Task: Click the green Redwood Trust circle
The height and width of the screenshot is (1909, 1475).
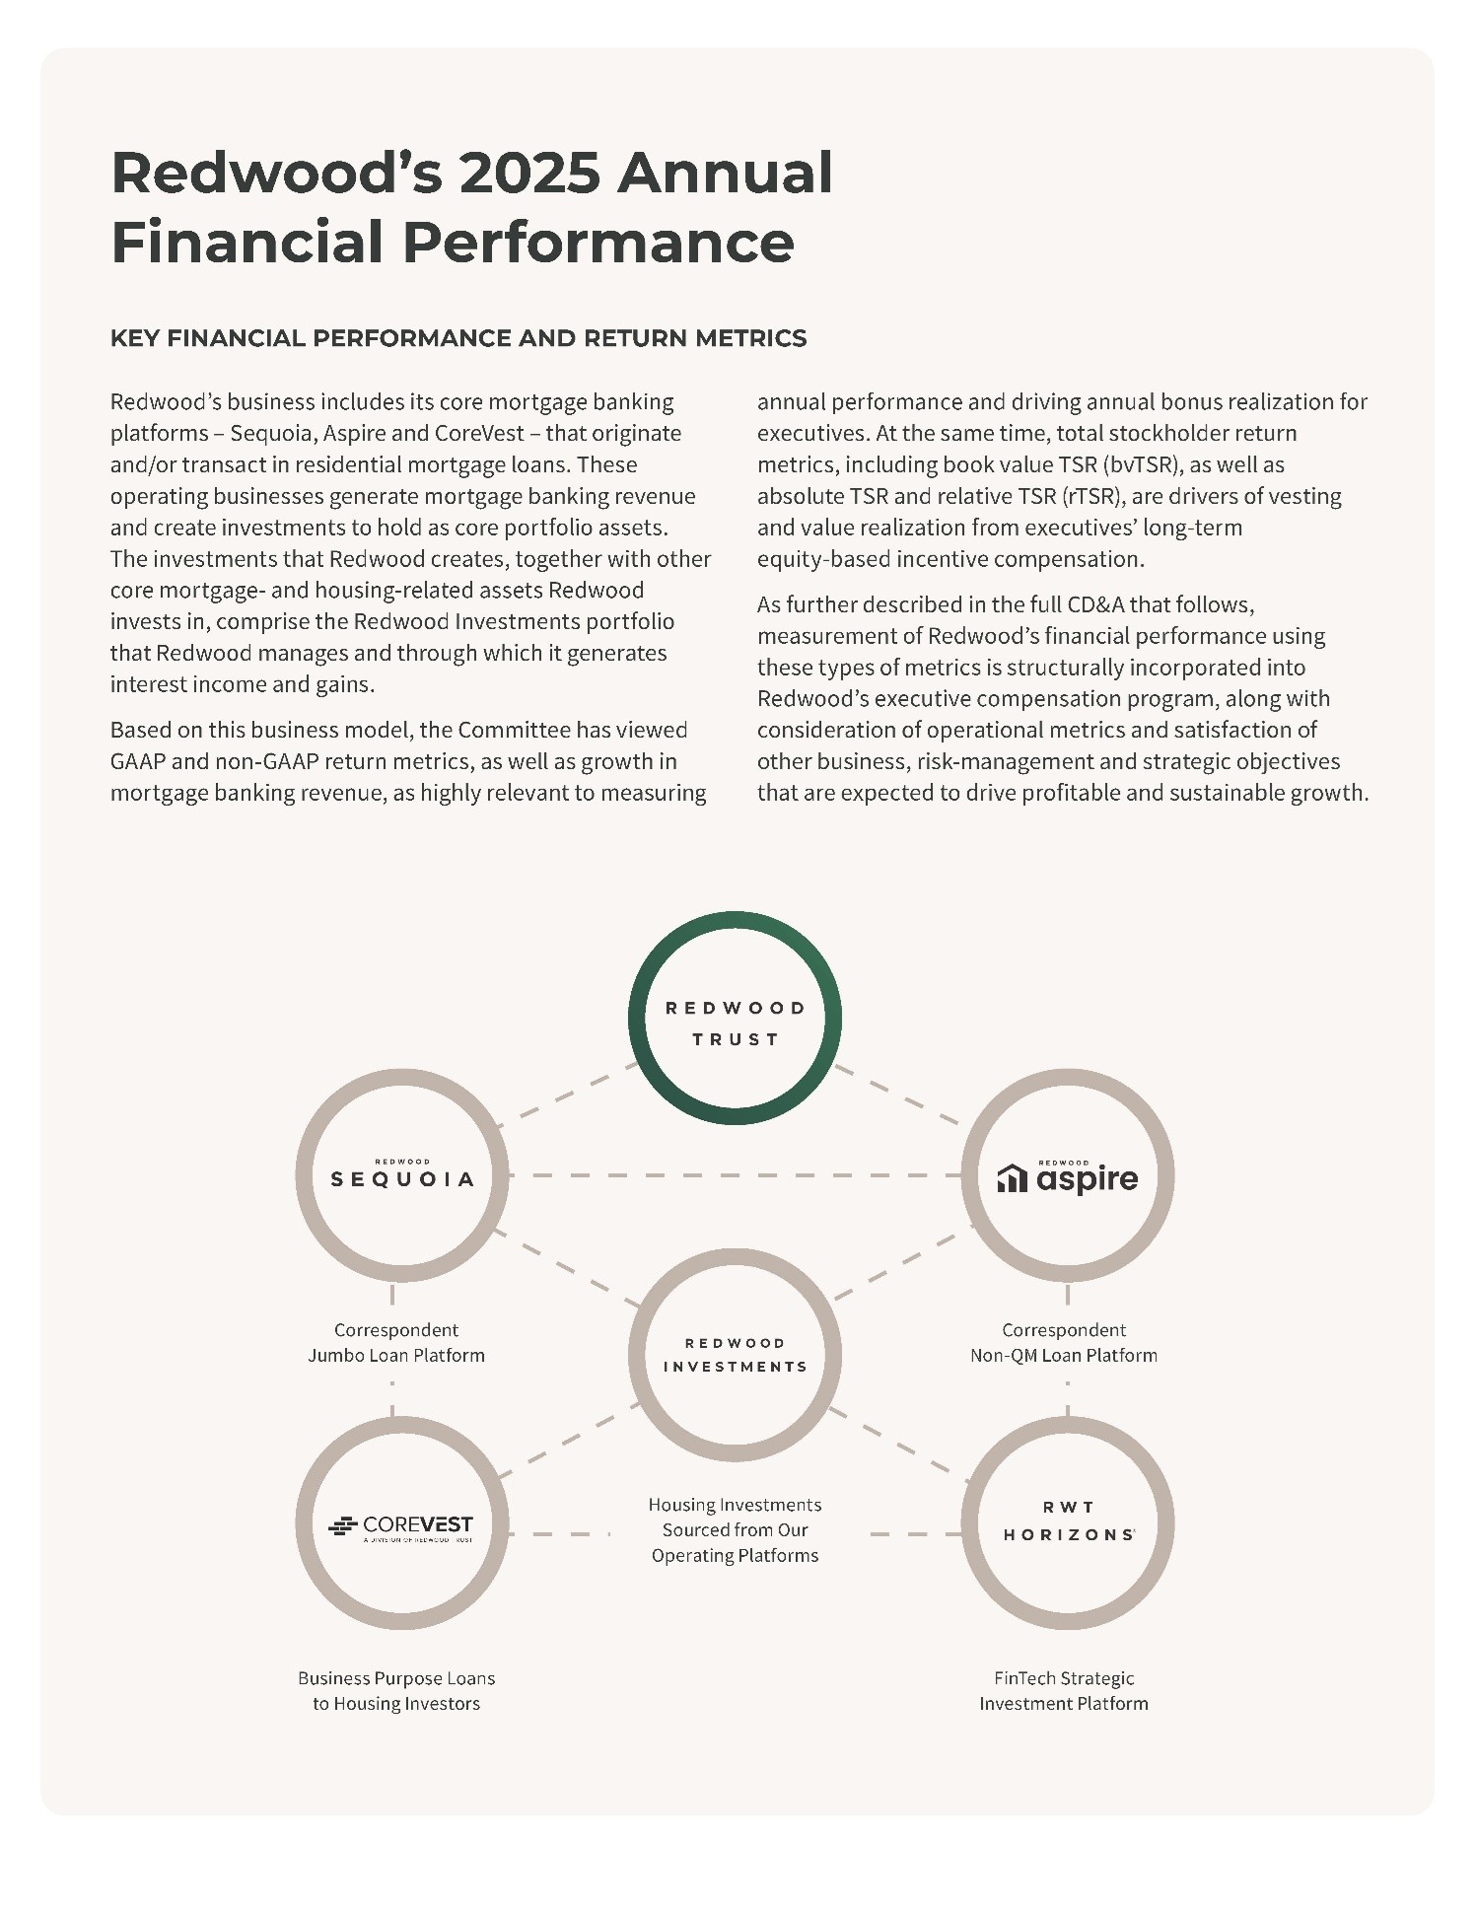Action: tap(735, 1019)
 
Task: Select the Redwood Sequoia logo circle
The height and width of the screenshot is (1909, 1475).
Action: tap(402, 1175)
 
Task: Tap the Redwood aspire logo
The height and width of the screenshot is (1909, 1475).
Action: tap(1068, 1176)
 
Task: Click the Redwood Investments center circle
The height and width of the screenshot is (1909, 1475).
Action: tap(735, 1355)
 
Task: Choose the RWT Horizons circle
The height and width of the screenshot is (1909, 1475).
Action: tap(1068, 1522)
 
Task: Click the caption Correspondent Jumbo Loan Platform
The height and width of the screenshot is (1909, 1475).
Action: tap(396, 1342)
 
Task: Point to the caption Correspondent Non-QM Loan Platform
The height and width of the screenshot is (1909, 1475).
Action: tap(1064, 1342)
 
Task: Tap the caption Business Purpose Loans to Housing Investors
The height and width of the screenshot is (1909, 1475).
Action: tap(396, 1690)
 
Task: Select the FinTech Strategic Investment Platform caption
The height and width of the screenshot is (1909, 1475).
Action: tap(1064, 1690)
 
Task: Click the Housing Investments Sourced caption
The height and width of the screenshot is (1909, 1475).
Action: tap(735, 1529)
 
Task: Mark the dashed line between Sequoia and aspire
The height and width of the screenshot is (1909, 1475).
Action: tap(735, 1175)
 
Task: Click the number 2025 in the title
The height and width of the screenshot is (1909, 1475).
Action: tap(529, 173)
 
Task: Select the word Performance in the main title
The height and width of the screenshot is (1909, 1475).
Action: tap(598, 243)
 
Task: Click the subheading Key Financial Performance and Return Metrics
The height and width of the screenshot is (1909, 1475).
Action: tap(458, 338)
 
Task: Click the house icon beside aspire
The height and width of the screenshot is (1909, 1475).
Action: tap(1013, 1178)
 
